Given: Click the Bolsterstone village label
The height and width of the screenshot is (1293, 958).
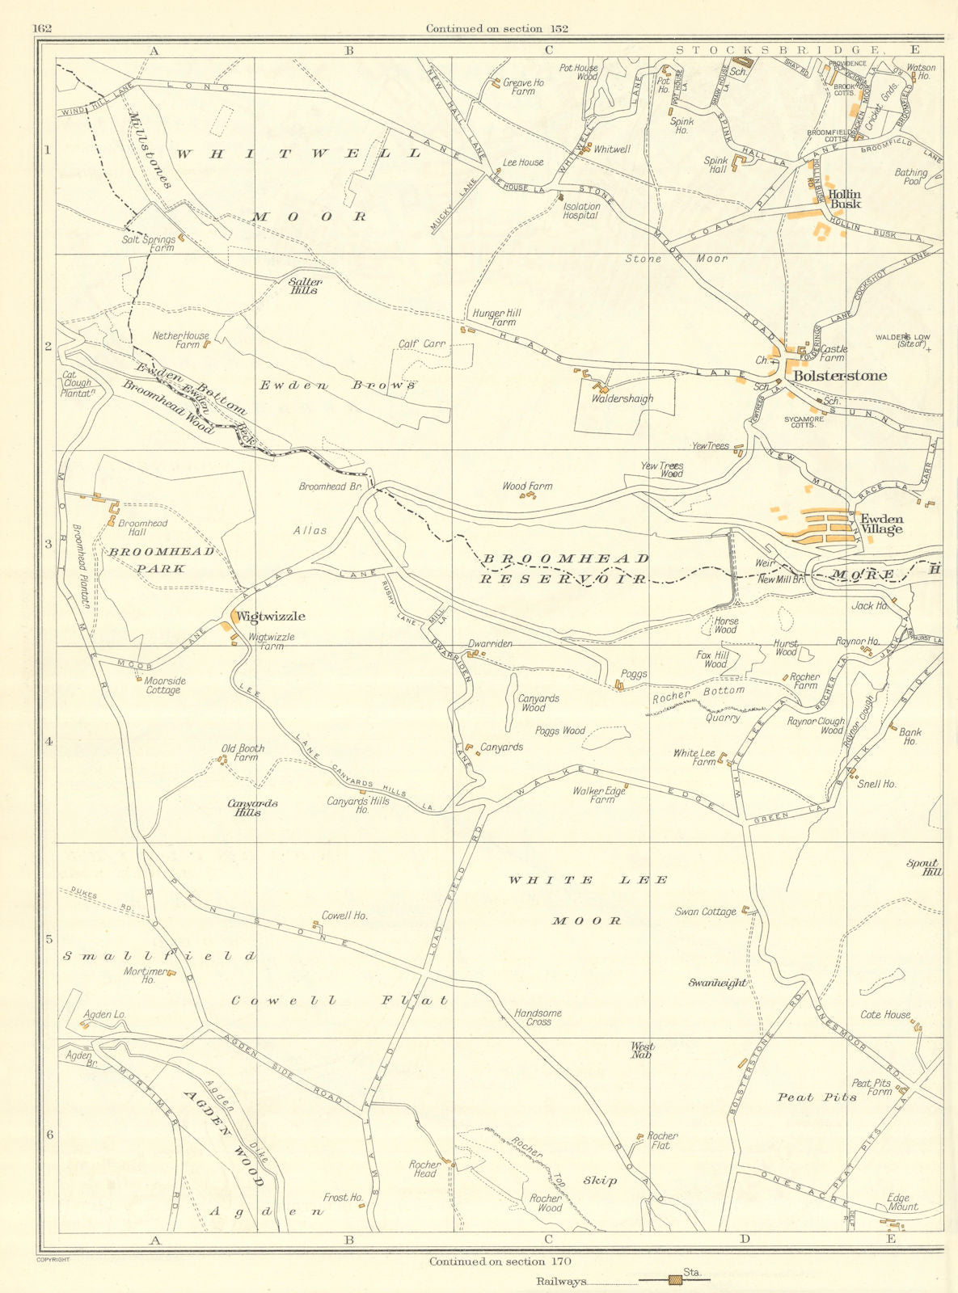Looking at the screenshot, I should tap(840, 376).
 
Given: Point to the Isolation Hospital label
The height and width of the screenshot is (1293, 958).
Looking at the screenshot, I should tap(580, 211).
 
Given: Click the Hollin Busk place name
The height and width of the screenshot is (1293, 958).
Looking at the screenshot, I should tap(844, 199).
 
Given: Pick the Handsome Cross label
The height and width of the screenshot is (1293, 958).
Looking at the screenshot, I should tap(538, 1017).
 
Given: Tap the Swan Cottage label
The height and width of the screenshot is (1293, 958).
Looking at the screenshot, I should tap(706, 912).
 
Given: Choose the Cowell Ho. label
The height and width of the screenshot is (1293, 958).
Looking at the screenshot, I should tap(344, 916).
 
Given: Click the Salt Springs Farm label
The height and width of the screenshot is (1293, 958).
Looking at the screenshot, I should tap(148, 243).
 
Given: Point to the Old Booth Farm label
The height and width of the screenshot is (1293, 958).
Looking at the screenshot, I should tap(243, 752).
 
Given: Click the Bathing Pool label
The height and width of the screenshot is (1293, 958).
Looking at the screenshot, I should tap(910, 177).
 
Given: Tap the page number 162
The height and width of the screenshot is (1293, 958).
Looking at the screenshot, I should tap(42, 28).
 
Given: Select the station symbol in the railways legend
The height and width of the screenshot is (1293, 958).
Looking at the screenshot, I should tap(674, 1279).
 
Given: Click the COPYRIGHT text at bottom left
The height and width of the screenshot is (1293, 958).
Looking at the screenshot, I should tap(53, 1259).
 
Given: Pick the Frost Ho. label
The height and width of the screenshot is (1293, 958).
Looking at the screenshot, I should tap(342, 1197).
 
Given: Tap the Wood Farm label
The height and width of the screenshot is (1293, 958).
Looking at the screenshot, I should tap(527, 486).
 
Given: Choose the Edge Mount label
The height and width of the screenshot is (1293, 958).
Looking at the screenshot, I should tap(902, 1202).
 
